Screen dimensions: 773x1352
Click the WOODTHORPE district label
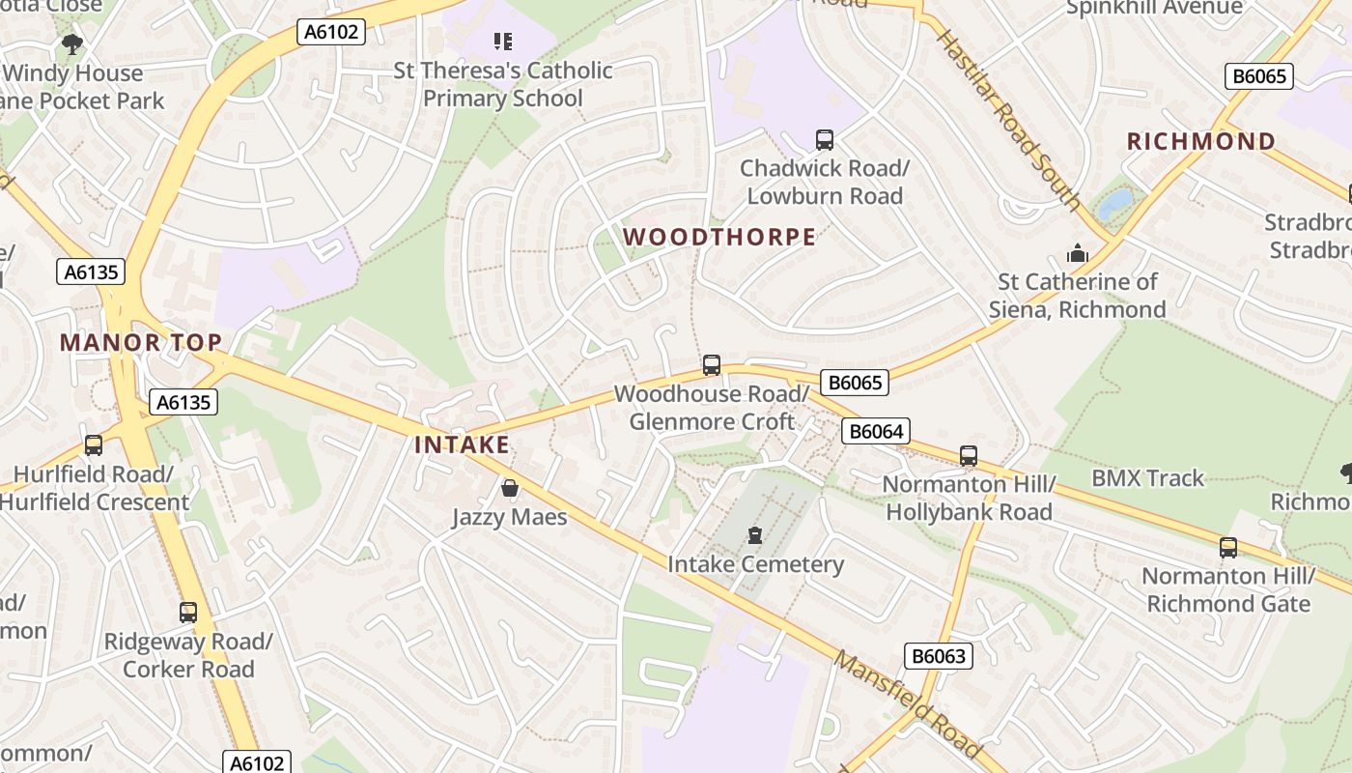[719, 237]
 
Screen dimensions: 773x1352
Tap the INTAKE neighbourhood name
[462, 444]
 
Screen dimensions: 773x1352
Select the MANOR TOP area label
[141, 342]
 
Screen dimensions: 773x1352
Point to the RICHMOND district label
[1201, 141]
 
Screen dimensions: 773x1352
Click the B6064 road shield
[876, 431]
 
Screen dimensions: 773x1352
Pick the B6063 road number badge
[939, 656]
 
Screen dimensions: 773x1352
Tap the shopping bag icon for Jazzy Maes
[510, 489]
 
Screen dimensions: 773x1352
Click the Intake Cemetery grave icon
[755, 535]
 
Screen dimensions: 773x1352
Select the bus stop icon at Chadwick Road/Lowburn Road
[825, 140]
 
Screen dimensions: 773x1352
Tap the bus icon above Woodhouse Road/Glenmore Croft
[712, 365]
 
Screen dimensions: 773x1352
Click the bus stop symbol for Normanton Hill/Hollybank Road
[969, 456]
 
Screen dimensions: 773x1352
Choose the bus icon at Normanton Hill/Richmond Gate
[1228, 548]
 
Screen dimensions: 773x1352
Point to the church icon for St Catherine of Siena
[1077, 254]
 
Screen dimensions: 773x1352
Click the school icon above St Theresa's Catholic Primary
[502, 42]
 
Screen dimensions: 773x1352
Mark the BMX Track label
[1148, 478]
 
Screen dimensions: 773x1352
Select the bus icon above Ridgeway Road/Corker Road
[188, 613]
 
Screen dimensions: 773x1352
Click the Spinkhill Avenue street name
[1154, 8]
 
